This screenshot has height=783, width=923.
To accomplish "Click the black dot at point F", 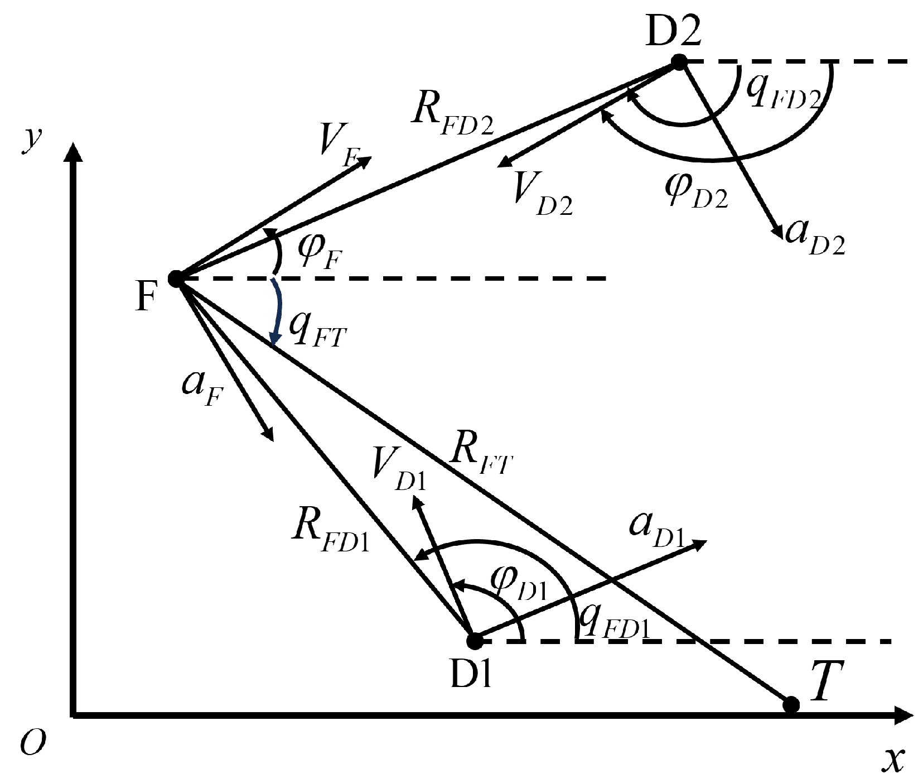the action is click(176, 278).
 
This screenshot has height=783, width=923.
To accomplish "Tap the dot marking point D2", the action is click(678, 62).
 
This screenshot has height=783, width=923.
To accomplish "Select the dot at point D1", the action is click(475, 641).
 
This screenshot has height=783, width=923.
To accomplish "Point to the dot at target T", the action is click(791, 705).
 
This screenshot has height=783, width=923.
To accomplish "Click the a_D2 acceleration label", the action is click(815, 237).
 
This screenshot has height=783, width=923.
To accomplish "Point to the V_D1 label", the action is click(399, 472).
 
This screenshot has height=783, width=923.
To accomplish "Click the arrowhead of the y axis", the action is click(72, 153).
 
